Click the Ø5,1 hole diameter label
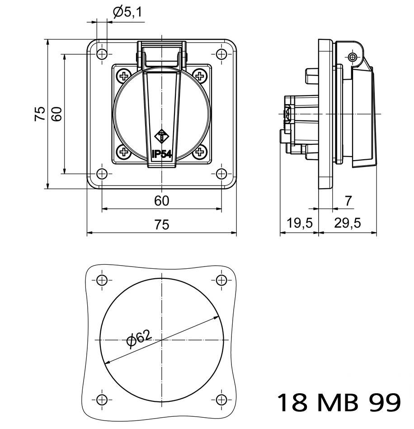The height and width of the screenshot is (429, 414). [x=127, y=12]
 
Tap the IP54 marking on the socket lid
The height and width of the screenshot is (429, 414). [x=162, y=154]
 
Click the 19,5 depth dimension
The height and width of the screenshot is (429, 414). [x=299, y=223]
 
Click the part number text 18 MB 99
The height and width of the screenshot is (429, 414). [x=338, y=402]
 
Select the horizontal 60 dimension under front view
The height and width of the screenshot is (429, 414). [x=161, y=200]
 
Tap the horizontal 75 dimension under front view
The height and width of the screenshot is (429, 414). [x=161, y=224]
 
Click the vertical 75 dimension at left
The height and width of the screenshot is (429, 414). [x=40, y=114]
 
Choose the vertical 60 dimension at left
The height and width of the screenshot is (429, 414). [x=56, y=114]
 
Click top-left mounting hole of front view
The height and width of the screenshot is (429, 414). [x=102, y=54]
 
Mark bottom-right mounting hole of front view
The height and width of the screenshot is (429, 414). [x=221, y=174]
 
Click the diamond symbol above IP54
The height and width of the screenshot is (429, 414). [x=161, y=135]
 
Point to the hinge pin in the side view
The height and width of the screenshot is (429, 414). [x=353, y=57]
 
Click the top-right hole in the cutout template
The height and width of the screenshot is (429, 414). [x=221, y=280]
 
